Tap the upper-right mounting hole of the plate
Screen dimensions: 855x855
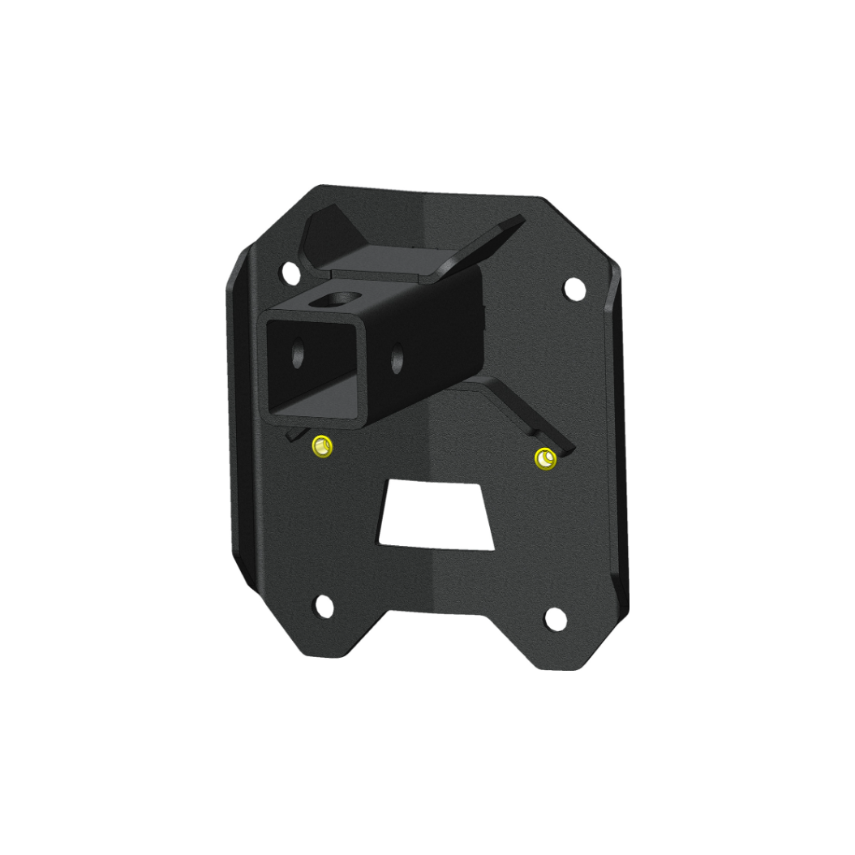coord(574,287)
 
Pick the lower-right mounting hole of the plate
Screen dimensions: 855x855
coord(555,618)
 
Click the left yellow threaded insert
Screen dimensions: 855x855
coord(322,446)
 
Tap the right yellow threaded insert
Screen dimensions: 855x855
coord(546,459)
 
